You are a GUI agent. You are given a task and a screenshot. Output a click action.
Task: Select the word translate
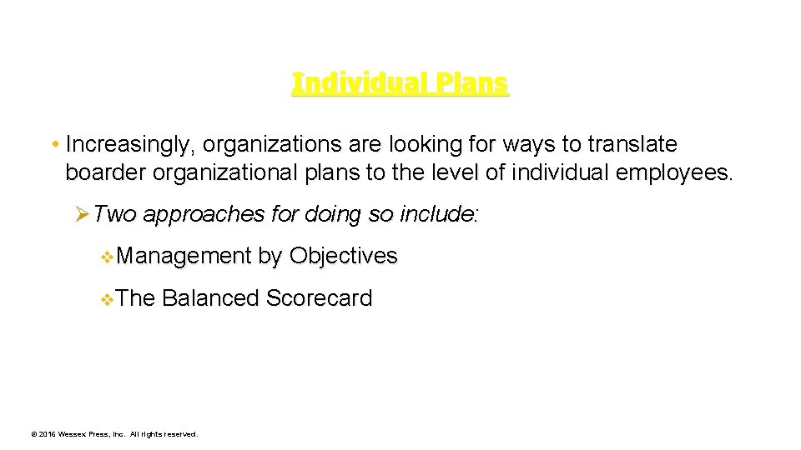point(632,145)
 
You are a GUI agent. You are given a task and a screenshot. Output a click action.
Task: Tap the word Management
point(184,256)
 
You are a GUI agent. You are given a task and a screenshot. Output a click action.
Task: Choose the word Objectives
point(343,256)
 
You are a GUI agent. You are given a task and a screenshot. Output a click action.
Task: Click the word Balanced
point(210,298)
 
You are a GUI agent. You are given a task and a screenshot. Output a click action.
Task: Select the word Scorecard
point(319,298)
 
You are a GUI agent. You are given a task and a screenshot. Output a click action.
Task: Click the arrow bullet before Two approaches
point(82,215)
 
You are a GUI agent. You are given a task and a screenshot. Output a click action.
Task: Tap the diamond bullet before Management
point(106,257)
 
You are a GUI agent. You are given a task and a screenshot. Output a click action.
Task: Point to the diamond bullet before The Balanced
point(106,299)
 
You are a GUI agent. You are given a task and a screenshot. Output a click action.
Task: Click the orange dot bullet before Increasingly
point(54,145)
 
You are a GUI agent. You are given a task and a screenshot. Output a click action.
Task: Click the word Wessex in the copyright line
point(73,434)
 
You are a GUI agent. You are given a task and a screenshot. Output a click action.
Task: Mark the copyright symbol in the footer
point(33,434)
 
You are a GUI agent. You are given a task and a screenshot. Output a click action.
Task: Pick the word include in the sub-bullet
point(436,215)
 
